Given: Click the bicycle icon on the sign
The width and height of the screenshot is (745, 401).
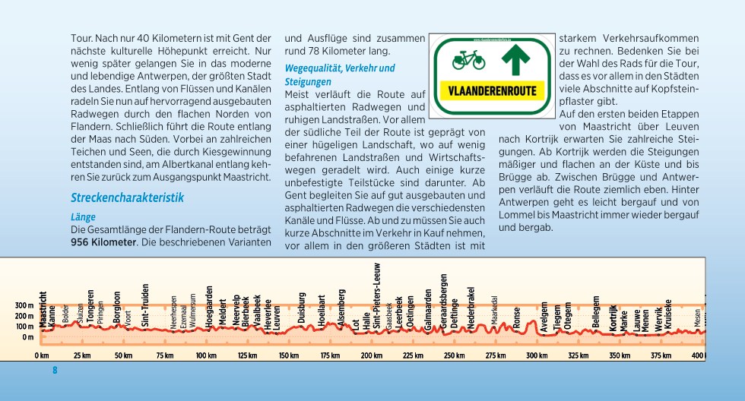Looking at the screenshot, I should click(468, 59).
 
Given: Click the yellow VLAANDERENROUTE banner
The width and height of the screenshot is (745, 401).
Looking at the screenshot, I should click(493, 90).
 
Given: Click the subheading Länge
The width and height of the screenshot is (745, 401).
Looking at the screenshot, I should click(84, 216).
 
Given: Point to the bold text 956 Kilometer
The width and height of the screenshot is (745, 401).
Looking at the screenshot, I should click(103, 242).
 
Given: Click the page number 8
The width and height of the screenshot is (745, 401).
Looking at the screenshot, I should click(55, 371).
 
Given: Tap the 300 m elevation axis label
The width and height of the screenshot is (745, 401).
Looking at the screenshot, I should click(24, 306).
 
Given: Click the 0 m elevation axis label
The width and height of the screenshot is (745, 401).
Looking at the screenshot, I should click(27, 337).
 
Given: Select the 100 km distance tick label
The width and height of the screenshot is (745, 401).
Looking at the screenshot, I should click(206, 355).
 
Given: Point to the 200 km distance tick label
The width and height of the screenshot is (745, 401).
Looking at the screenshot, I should click(371, 355).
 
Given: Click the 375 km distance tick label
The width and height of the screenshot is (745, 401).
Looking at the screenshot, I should click(661, 355).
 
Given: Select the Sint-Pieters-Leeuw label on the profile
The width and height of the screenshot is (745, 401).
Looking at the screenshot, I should click(377, 295).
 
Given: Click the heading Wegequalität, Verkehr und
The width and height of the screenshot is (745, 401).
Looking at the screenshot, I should click(340, 68).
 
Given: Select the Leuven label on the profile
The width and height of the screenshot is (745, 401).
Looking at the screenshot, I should click(277, 316).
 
